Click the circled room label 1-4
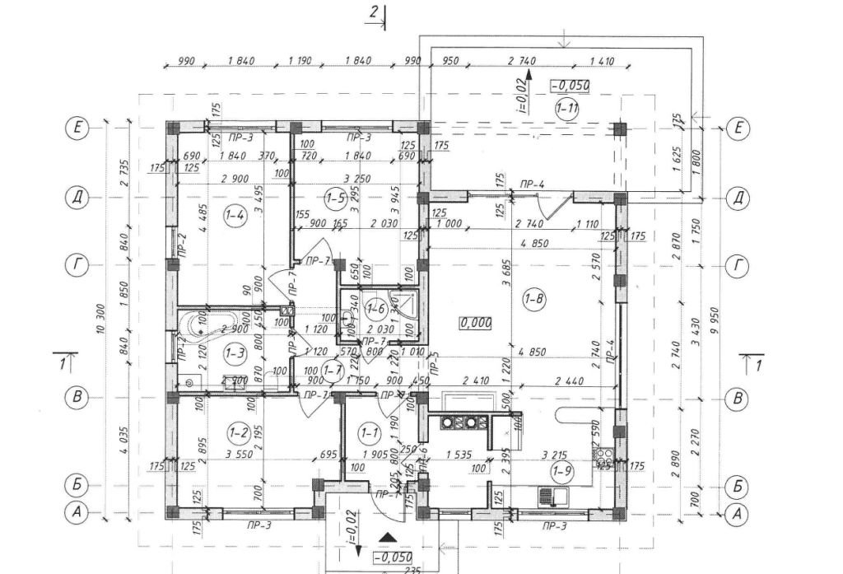pyautogui.click(x=234, y=217)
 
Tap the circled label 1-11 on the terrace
pyautogui.click(x=566, y=109)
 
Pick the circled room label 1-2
pyautogui.click(x=239, y=431)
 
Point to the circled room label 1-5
pyautogui.click(x=334, y=198)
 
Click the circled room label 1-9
pyautogui.click(x=563, y=471)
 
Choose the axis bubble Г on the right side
pyautogui.click(x=739, y=265)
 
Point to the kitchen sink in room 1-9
pyautogui.click(x=553, y=497)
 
